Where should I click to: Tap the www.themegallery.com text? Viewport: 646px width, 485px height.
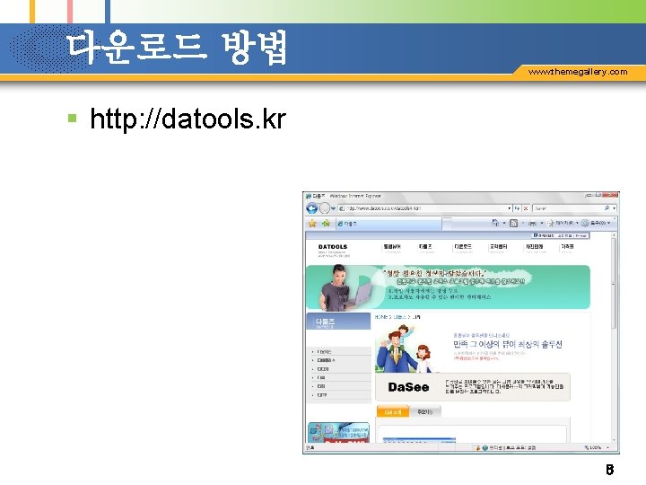click(x=578, y=71)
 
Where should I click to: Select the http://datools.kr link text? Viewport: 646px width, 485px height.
click(x=188, y=118)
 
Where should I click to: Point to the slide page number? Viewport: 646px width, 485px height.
click(x=608, y=469)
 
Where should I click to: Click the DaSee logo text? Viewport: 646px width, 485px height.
click(x=408, y=387)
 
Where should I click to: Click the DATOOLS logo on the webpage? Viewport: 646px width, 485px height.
click(x=332, y=246)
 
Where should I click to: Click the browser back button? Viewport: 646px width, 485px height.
click(x=310, y=208)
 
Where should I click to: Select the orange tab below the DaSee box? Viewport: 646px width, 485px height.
click(x=394, y=411)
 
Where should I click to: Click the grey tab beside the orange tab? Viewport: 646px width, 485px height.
click(x=425, y=411)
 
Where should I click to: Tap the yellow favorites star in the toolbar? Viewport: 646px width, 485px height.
click(x=312, y=222)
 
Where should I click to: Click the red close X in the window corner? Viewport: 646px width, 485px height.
click(x=613, y=195)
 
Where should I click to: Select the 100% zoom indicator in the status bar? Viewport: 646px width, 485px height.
click(x=598, y=446)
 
